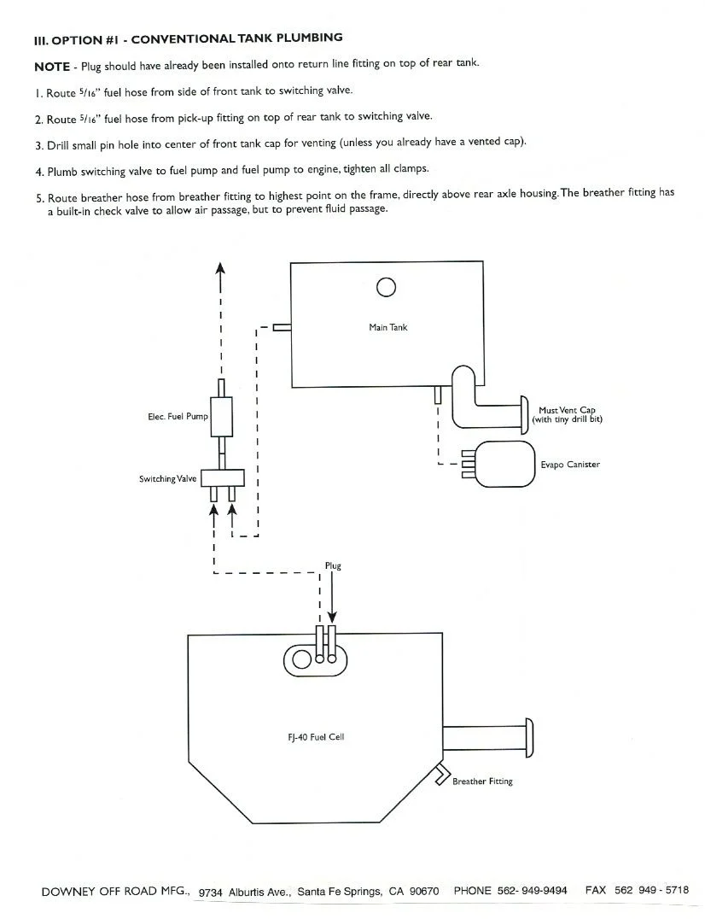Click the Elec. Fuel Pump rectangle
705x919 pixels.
pyautogui.click(x=221, y=417)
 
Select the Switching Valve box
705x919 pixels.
pyautogui.click(x=223, y=478)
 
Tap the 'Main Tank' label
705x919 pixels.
pyautogui.click(x=388, y=327)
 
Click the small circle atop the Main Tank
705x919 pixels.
pyautogui.click(x=386, y=287)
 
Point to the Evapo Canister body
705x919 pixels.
pyautogui.click(x=505, y=464)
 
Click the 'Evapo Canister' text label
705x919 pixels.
pyautogui.click(x=570, y=465)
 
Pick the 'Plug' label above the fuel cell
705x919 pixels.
pyautogui.click(x=333, y=566)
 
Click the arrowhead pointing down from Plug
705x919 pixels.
pyautogui.click(x=332, y=618)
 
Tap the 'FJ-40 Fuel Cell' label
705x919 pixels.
pyautogui.click(x=316, y=737)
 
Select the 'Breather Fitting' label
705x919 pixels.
pyautogui.click(x=482, y=781)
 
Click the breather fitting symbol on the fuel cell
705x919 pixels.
pyautogui.click(x=441, y=775)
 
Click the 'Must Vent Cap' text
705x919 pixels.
pyautogui.click(x=567, y=410)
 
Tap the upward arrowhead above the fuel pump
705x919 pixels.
pyautogui.click(x=220, y=268)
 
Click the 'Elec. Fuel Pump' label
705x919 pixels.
pyautogui.click(x=178, y=417)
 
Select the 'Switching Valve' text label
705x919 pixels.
pyautogui.click(x=167, y=479)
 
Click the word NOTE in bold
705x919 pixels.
pyautogui.click(x=52, y=67)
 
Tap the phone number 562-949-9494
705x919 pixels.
pyautogui.click(x=532, y=891)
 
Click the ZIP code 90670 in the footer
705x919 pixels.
pyautogui.click(x=424, y=892)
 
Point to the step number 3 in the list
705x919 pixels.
pyautogui.click(x=38, y=145)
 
